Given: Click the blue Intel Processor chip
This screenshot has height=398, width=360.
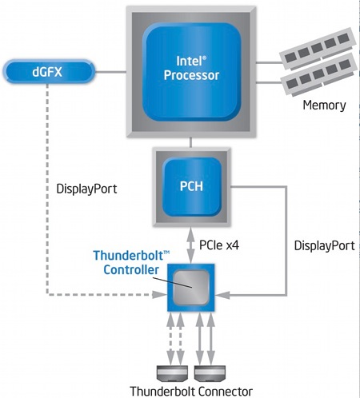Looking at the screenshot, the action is [191, 72].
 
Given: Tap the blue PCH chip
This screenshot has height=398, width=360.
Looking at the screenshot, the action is [191, 186].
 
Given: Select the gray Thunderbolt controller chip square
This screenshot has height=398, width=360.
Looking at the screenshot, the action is [190, 288].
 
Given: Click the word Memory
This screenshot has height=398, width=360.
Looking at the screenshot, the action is [324, 105].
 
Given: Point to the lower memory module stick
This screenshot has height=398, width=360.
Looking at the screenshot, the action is [319, 74].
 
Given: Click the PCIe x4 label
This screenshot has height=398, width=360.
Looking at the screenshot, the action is [219, 245].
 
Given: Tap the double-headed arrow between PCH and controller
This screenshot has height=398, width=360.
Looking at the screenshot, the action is [190, 245].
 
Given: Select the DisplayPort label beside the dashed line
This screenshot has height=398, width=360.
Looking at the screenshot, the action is [86, 189].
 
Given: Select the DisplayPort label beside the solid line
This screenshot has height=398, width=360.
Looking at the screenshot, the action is [324, 245].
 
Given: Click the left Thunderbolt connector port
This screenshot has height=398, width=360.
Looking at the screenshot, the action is [172, 373].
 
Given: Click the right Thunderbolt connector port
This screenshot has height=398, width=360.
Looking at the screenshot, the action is [210, 373].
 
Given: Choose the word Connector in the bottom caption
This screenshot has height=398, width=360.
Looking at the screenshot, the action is [226, 392].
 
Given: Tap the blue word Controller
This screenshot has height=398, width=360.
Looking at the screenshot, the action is [131, 269].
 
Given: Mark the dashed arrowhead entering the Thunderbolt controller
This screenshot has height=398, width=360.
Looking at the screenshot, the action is [160, 295].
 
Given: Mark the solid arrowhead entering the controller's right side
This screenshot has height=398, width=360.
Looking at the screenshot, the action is [222, 295].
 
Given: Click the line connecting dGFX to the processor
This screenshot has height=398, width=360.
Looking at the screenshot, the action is [110, 72].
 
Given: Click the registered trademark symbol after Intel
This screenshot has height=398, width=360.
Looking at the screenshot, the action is [205, 58].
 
